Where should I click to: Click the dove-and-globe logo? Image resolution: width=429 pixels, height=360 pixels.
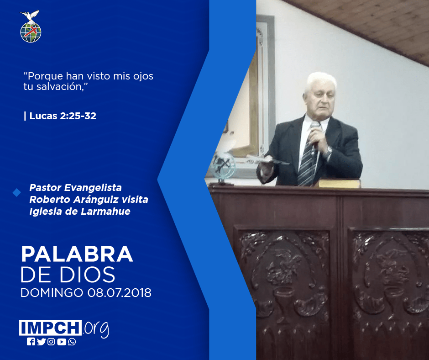pyautogui.click(x=31, y=26)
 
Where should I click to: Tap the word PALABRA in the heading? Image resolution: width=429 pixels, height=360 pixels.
pyautogui.click(x=77, y=254)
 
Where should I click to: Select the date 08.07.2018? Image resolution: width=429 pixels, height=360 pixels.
pyautogui.click(x=119, y=292)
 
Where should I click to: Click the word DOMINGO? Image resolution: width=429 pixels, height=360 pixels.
pyautogui.click(x=52, y=292)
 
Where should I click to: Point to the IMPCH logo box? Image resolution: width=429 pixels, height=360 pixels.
pyautogui.click(x=50, y=328)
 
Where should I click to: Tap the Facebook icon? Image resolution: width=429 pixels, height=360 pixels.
pyautogui.click(x=31, y=342)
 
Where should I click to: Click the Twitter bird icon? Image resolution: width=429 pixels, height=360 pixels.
pyautogui.click(x=41, y=342)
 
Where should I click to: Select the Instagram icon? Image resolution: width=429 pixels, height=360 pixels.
pyautogui.click(x=51, y=342)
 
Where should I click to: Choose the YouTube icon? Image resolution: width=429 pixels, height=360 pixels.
pyautogui.click(x=62, y=342)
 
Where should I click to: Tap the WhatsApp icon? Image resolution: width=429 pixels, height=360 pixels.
pyautogui.click(x=72, y=342)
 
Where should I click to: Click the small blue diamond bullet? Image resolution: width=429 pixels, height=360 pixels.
pyautogui.click(x=17, y=193)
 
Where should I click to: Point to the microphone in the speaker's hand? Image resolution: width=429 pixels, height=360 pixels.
pyautogui.click(x=314, y=134)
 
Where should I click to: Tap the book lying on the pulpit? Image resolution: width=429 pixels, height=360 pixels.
pyautogui.click(x=339, y=183)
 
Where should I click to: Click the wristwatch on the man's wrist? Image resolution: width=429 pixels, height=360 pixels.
pyautogui.click(x=328, y=152)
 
